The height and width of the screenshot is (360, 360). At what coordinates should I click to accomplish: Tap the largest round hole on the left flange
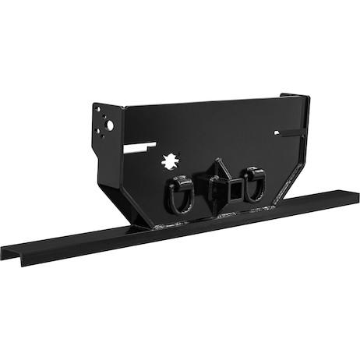110,125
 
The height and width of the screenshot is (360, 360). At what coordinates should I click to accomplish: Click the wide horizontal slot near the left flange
137,145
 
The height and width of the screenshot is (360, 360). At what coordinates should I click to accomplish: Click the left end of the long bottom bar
6,252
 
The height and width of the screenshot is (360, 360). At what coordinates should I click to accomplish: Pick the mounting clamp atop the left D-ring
179,182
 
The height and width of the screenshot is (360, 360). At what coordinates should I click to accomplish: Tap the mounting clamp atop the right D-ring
252,173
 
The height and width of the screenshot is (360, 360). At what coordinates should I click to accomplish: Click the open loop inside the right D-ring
254,189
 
